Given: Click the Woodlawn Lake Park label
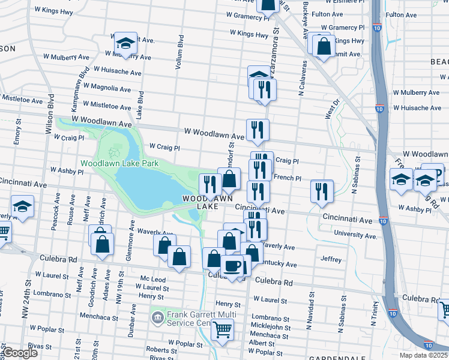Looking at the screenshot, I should [119, 163].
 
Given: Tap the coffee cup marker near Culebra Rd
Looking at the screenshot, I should [232, 266].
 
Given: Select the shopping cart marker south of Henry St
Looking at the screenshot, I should [223, 329].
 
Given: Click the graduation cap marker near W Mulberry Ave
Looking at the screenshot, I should [126, 43].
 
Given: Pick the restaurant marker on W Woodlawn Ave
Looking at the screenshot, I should [257, 130].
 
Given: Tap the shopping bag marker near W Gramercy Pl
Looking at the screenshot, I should [324, 47].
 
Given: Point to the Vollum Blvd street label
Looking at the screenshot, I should [179, 52].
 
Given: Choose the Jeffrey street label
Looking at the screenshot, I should [331, 260].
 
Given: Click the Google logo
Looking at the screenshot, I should [20, 353].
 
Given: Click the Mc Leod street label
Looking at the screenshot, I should [152, 279].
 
